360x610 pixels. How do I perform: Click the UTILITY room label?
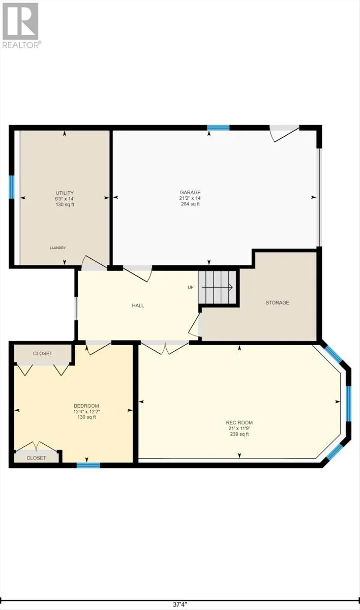tap(65, 193)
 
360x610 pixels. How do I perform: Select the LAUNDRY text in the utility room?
tap(57, 248)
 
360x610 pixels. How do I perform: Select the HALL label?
tap(138, 306)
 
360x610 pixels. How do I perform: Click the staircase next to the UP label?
tap(218, 287)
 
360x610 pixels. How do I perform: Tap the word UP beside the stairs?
tap(191, 287)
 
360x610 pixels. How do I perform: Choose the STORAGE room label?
tap(277, 302)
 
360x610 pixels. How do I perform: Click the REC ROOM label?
tap(239, 422)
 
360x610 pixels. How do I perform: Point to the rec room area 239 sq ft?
tap(239, 434)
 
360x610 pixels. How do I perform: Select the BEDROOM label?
tap(86, 406)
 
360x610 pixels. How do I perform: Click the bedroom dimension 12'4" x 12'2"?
tap(85, 411)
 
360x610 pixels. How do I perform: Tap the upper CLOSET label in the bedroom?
tap(43, 353)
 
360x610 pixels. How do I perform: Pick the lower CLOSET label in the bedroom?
tap(36, 457)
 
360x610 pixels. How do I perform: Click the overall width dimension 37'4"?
tap(179, 604)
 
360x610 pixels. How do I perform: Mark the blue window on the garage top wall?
tap(218, 128)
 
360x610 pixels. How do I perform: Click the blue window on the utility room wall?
tap(11, 187)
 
